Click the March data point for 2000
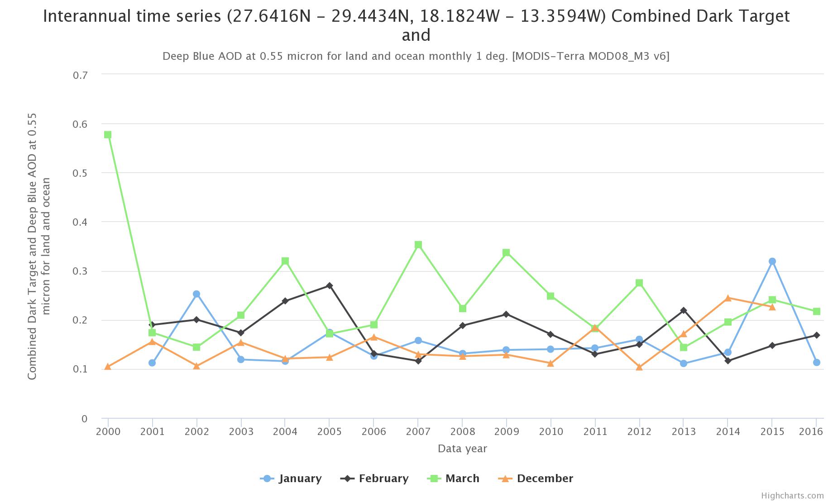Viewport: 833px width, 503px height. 108,135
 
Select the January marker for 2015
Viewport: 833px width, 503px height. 772,261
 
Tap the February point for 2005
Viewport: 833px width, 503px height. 330,285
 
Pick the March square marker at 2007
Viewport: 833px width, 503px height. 418,245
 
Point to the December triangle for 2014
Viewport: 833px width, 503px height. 728,298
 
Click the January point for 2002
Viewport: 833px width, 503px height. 196,294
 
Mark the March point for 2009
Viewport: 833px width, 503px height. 507,252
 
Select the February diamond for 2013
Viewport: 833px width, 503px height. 684,310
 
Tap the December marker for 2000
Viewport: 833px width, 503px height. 108,367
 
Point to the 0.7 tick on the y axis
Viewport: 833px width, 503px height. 80,75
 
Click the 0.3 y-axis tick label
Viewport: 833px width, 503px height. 80,271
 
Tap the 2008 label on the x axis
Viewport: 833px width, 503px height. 462,431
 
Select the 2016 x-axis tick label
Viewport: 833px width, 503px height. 811,431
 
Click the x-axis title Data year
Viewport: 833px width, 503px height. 462,449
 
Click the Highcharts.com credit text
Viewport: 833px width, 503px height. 792,496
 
